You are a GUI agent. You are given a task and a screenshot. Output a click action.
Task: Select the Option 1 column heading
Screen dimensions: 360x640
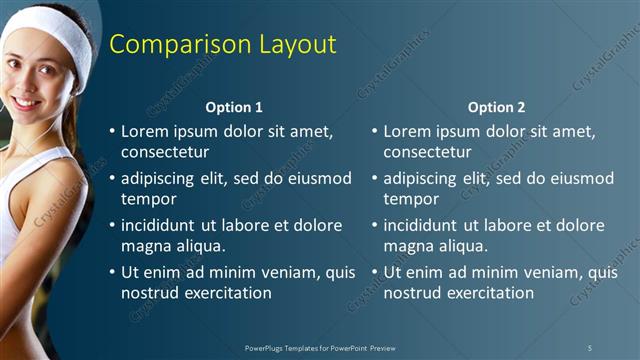tap(234, 107)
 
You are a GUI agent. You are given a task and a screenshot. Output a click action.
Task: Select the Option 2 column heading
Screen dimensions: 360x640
tap(496, 107)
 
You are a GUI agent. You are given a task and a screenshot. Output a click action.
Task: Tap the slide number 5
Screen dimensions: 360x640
tap(589, 347)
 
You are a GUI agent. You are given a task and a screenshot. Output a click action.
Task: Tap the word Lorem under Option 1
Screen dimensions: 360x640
tap(144, 131)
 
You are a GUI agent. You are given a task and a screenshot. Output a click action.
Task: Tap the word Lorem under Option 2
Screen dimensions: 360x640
tap(406, 131)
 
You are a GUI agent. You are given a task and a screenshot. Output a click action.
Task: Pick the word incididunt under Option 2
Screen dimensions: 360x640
tap(425, 225)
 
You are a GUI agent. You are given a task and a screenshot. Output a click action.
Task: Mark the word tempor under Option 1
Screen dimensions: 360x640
tap(146, 199)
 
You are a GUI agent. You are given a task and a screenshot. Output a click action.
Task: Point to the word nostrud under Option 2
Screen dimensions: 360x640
tap(410, 293)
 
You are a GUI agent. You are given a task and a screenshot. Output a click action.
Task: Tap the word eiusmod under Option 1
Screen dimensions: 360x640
tap(319, 178)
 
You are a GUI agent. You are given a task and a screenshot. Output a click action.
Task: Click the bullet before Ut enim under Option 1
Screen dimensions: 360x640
tap(113, 272)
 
